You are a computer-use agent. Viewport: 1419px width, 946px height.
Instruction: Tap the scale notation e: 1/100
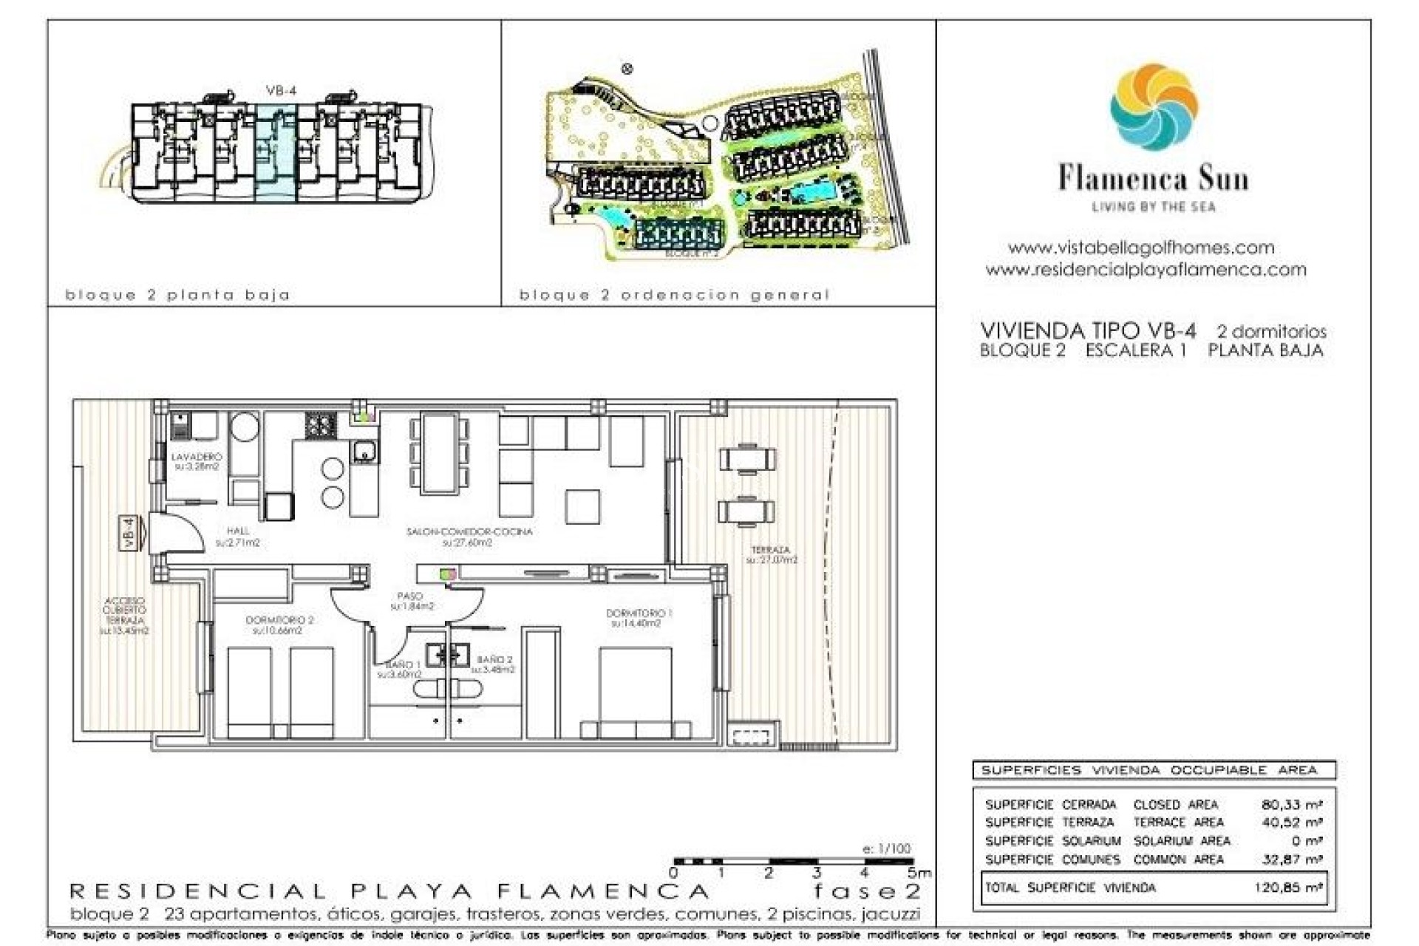(886, 848)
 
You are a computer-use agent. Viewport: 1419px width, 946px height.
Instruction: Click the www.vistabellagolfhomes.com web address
(1141, 248)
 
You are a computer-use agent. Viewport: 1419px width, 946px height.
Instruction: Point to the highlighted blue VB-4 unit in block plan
(276, 152)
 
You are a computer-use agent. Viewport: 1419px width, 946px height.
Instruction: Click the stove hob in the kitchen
(321, 426)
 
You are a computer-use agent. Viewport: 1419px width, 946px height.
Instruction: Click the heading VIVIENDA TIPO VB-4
(1087, 330)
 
